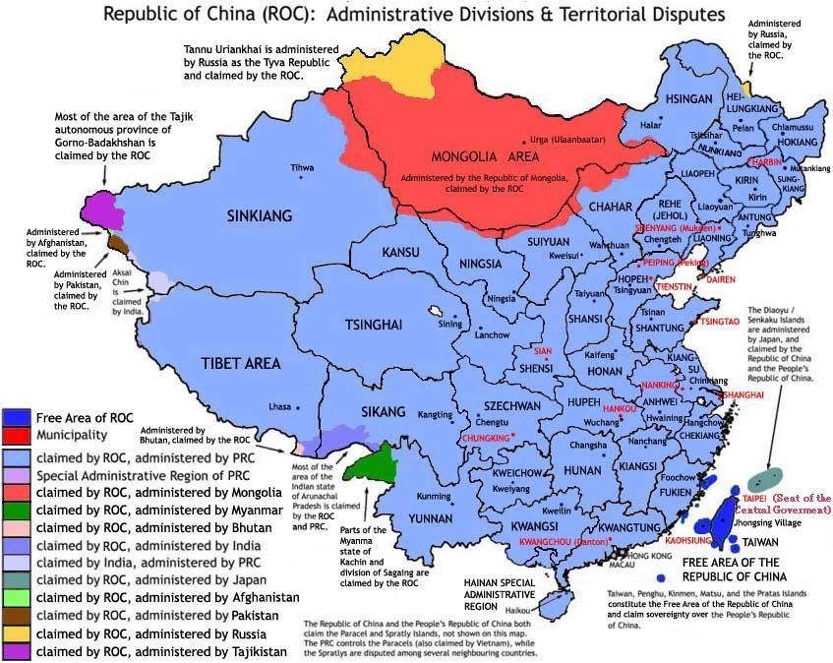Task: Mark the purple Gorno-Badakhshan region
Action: (x=101, y=208)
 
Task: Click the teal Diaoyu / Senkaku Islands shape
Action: (x=770, y=479)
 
